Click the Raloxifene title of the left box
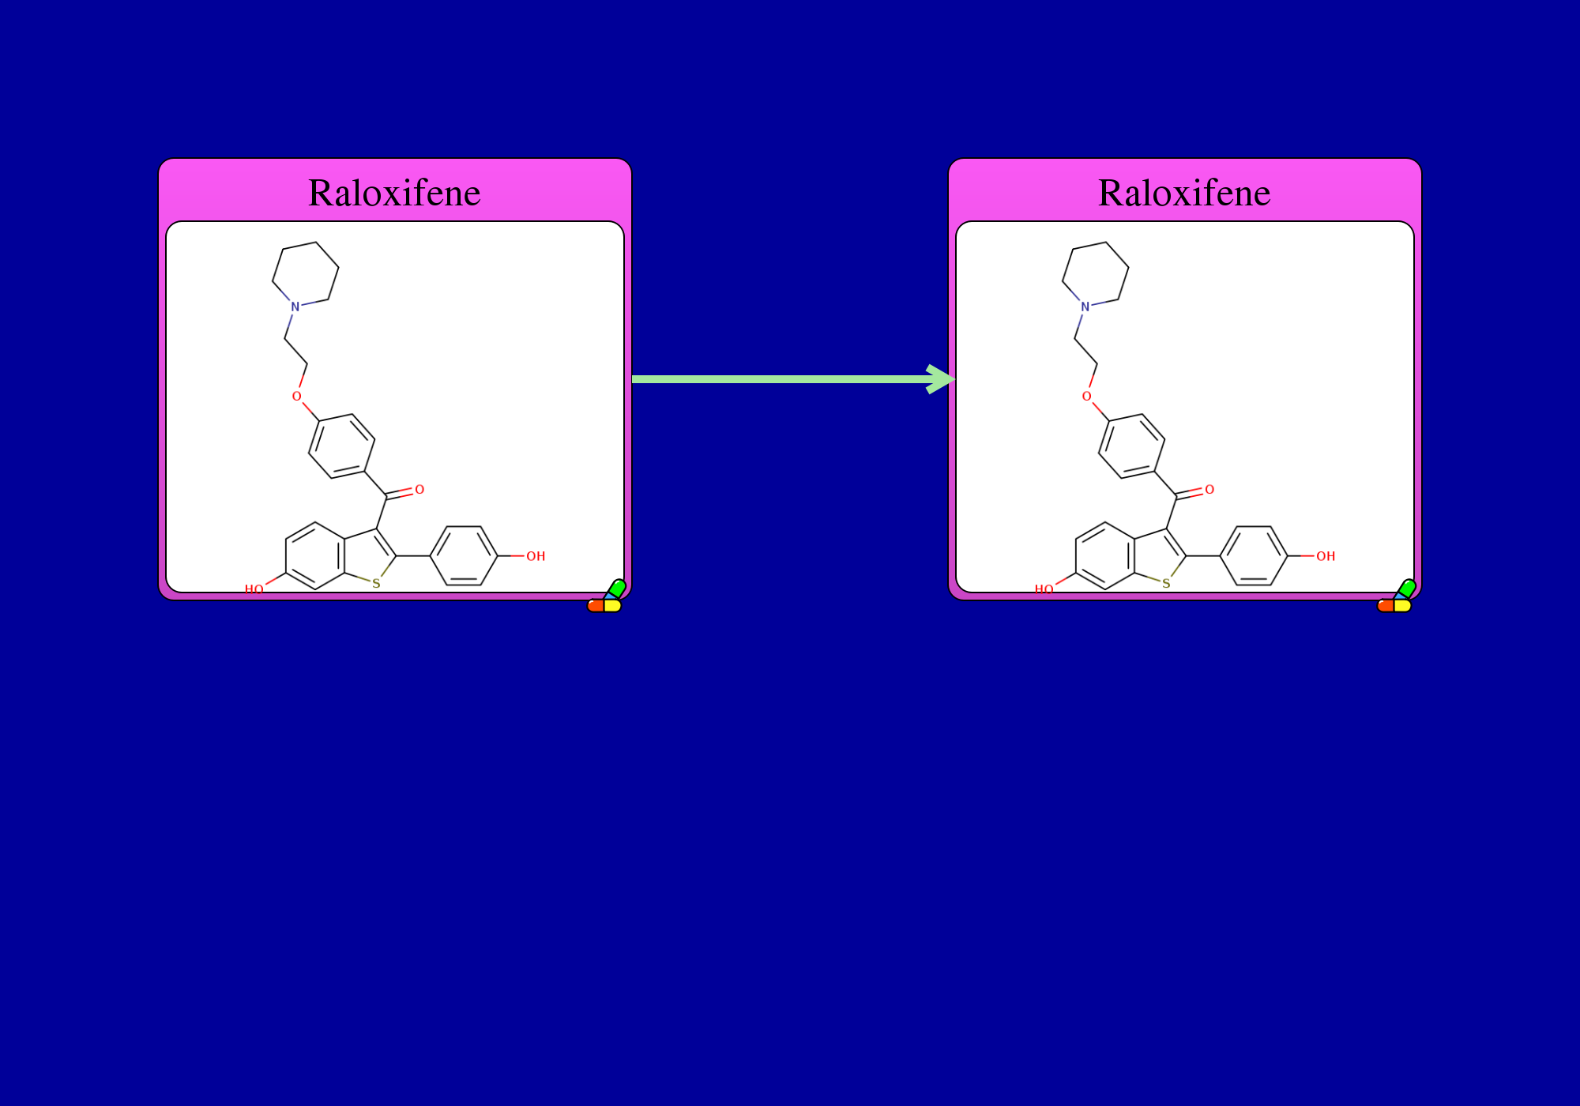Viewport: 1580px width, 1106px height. [x=394, y=193]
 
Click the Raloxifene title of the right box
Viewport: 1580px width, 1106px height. [x=1184, y=193]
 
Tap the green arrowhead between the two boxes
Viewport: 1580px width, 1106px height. [x=941, y=379]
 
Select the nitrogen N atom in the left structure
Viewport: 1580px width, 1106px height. [x=295, y=307]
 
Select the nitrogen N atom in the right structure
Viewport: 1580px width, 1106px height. [x=1085, y=307]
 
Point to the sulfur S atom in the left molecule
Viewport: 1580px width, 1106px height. [x=376, y=584]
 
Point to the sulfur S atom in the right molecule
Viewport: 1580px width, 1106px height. [x=1166, y=584]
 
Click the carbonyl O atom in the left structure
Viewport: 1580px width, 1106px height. [x=419, y=490]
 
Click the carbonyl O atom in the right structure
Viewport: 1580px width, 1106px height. [x=1209, y=490]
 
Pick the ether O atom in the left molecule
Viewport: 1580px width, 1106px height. [x=297, y=397]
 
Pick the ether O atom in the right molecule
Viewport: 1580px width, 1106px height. [x=1087, y=397]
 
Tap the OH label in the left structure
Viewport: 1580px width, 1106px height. [x=536, y=556]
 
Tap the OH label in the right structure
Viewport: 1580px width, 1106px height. [x=1326, y=556]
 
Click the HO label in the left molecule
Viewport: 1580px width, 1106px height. [x=254, y=589]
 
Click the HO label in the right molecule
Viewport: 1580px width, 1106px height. [x=1044, y=589]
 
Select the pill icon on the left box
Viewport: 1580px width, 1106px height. [x=607, y=597]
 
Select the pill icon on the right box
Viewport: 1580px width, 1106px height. [x=1397, y=597]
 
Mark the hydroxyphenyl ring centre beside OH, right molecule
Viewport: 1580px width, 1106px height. [x=1254, y=556]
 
